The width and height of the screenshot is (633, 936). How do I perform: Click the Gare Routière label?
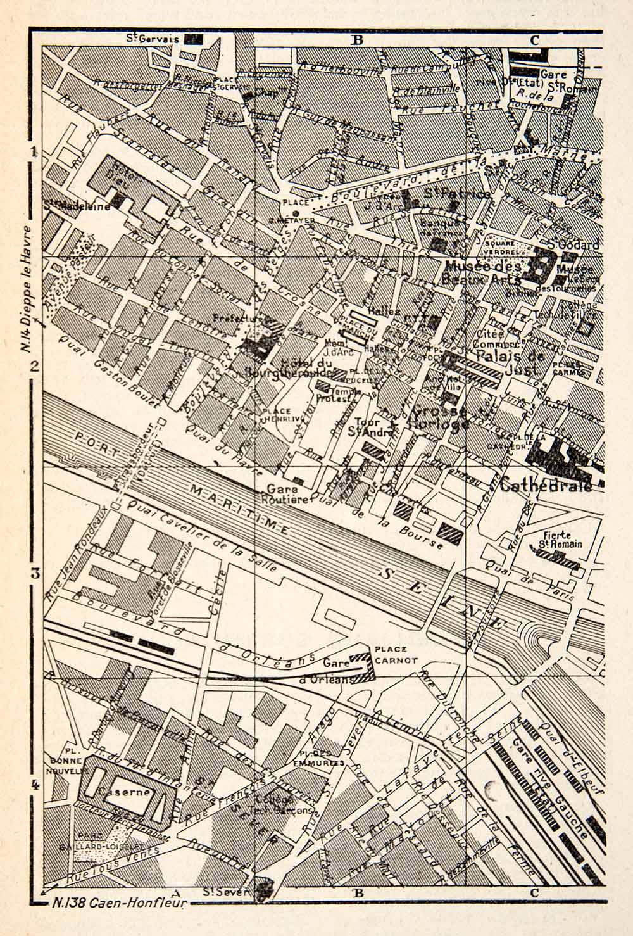pyautogui.click(x=287, y=495)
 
